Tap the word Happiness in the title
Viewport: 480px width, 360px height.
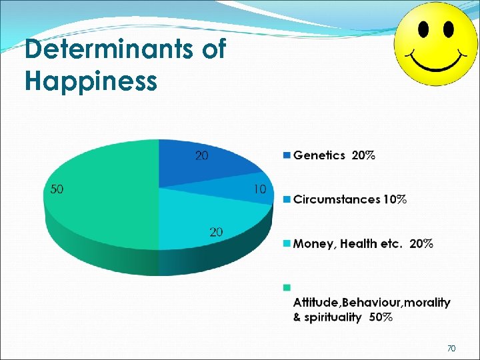point(91,81)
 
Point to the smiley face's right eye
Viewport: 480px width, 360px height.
point(447,29)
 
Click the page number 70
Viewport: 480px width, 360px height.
point(451,349)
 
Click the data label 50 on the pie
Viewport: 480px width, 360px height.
point(57,189)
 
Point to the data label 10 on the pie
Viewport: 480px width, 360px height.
point(260,189)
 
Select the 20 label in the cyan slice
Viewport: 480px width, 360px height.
point(216,232)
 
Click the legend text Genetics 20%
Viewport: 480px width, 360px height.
point(334,155)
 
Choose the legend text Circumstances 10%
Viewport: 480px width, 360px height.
point(350,199)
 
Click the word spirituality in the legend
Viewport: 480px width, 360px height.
point(331,317)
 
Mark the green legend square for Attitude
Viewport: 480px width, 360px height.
point(287,287)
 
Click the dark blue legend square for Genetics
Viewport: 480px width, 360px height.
point(287,155)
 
